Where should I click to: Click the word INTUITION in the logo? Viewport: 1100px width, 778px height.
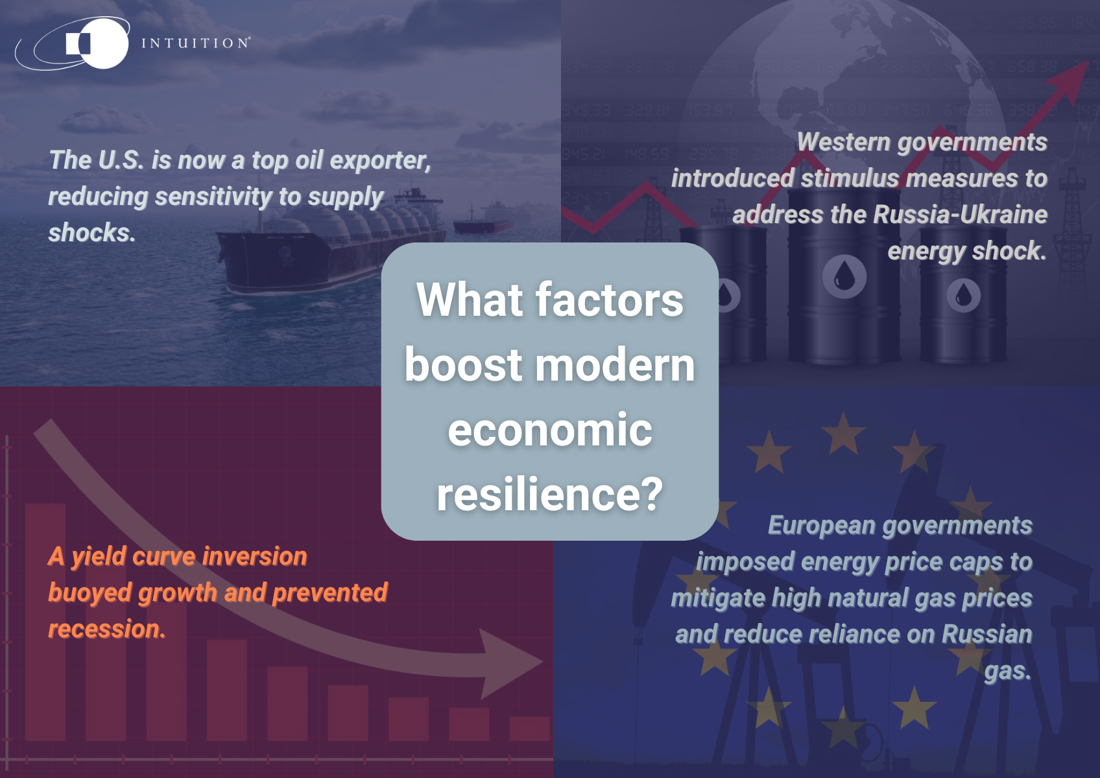tap(195, 43)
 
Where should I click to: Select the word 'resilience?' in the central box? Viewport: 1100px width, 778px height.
tap(550, 495)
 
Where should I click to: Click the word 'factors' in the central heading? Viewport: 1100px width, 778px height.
tap(609, 300)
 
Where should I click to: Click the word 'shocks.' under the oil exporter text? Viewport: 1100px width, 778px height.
tap(92, 232)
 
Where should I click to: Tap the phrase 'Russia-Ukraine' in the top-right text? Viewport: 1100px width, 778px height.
tap(960, 215)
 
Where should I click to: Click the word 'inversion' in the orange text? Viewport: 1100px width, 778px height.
tap(254, 556)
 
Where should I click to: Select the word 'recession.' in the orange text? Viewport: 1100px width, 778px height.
tap(107, 629)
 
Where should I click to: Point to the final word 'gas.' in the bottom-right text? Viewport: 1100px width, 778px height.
tap(1008, 672)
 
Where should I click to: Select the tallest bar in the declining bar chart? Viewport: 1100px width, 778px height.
tap(45, 622)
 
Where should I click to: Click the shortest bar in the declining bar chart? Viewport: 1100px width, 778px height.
tap(529, 729)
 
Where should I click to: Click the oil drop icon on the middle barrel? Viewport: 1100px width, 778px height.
tap(844, 276)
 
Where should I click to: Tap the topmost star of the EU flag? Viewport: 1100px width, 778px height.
tap(843, 434)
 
